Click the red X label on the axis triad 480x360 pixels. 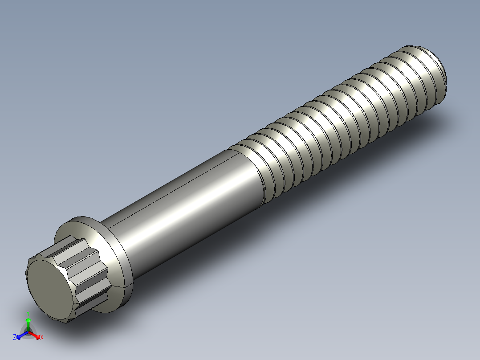click(x=41, y=337)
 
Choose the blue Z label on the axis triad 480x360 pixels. click(x=15, y=337)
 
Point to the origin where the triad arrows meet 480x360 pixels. click(x=28, y=332)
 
